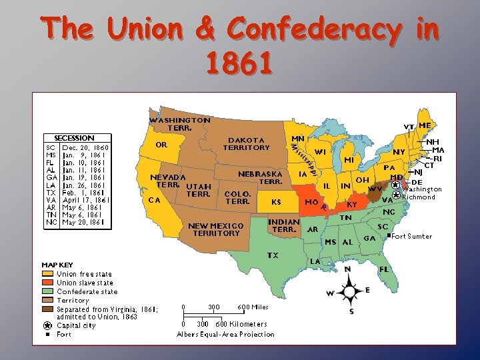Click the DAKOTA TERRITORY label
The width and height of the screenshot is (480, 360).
246,143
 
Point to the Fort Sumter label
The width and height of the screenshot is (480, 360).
411,236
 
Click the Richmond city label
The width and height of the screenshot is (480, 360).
419,197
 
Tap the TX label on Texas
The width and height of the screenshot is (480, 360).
273,255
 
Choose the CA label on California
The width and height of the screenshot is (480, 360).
154,199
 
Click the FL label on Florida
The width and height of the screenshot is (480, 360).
384,269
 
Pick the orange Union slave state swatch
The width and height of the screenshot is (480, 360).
48,283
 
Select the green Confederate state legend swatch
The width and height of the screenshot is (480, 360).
48,291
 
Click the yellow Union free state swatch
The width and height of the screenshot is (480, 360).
48,274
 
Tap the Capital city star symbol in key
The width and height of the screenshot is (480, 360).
47,326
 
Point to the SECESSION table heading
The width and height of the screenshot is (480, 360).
73,138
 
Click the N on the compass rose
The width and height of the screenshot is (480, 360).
347,269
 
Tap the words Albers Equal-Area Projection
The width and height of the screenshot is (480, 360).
225,334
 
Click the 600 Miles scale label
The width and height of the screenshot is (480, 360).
253,307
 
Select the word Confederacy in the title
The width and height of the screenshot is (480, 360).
315,30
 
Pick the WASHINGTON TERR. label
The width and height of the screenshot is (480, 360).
179,124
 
